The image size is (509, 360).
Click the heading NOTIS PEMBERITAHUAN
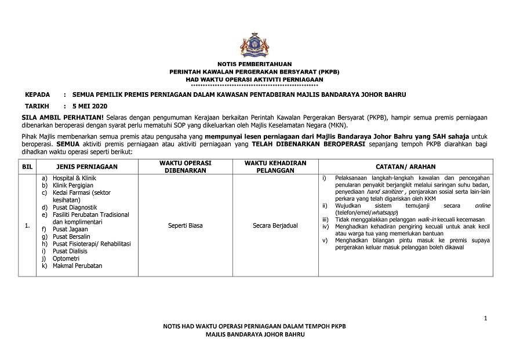coord(254,64)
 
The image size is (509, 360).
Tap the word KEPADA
coord(37,94)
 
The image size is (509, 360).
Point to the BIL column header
coord(27,166)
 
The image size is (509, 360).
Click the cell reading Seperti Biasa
coord(186,226)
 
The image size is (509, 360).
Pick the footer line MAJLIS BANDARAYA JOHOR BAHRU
coord(254,336)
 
